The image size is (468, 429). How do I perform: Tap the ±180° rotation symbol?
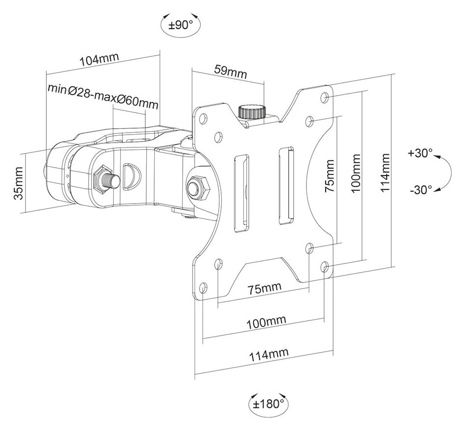[268, 404]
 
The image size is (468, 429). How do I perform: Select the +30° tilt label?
[420, 153]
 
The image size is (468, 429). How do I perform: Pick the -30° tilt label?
[420, 189]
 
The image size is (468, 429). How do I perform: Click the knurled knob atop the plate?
[251, 111]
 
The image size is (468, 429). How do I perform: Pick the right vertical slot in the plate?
[285, 186]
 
